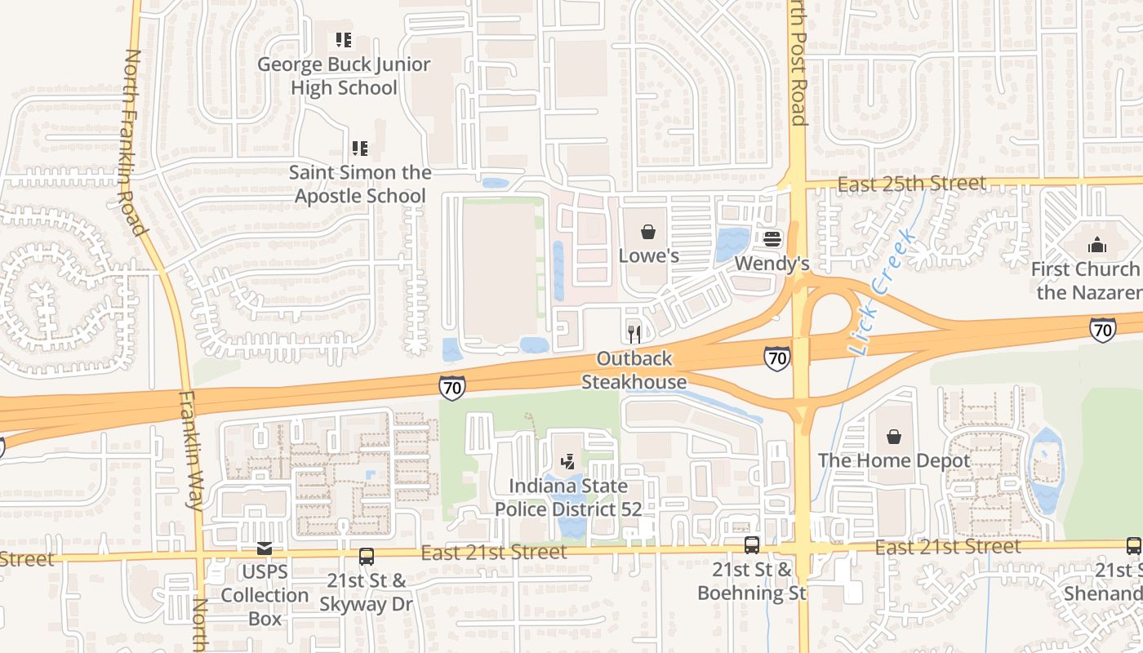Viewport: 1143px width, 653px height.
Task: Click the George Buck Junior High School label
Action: (344, 76)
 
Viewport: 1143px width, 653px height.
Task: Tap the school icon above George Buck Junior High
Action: (344, 39)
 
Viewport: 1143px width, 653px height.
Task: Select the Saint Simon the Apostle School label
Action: (360, 184)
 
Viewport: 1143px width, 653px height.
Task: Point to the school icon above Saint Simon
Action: (360, 149)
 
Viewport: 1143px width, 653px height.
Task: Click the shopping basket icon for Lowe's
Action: (648, 233)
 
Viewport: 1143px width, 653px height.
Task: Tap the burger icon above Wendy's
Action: (772, 239)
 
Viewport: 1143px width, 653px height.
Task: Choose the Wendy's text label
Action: (772, 264)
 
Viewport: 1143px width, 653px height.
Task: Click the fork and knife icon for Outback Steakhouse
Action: (634, 334)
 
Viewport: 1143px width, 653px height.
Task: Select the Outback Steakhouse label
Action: (634, 370)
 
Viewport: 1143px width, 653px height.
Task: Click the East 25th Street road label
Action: (911, 184)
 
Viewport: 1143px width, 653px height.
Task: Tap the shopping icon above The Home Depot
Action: (894, 437)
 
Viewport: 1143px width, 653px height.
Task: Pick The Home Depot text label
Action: (894, 460)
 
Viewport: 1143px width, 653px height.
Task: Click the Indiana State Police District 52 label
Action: (568, 498)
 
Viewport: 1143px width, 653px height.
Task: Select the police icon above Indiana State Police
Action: (568, 462)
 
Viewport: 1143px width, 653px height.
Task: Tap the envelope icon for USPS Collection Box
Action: (265, 549)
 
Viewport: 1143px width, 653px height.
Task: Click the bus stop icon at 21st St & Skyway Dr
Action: (367, 557)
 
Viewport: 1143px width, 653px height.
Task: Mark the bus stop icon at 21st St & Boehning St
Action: (752, 545)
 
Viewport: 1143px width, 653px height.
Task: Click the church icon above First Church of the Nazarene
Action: (1098, 244)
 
